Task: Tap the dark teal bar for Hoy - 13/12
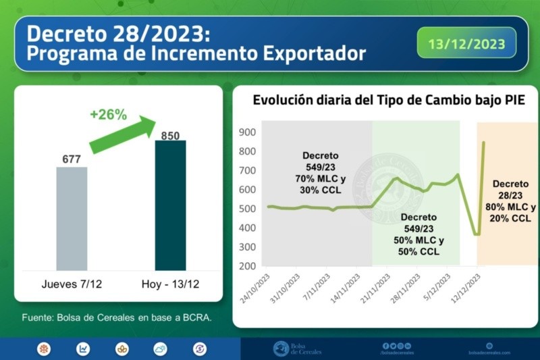coord(170,205)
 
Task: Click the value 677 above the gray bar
coord(72,159)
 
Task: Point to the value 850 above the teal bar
coord(170,136)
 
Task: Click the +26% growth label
coord(108,114)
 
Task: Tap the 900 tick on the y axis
coord(247,132)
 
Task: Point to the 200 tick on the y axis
coord(247,265)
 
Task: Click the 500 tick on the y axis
coord(247,208)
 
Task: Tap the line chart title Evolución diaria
coord(388,101)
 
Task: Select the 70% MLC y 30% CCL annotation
coord(321,184)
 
